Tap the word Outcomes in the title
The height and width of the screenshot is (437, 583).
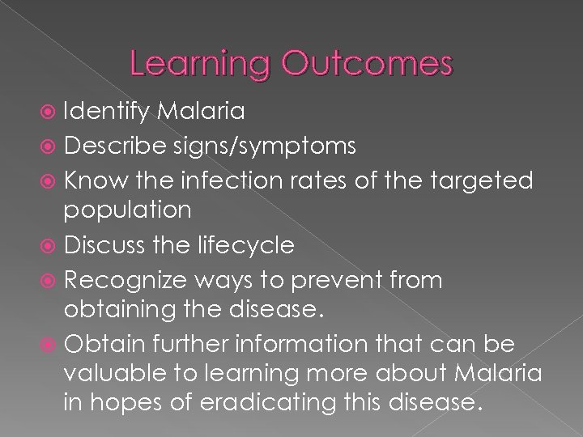click(x=371, y=64)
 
